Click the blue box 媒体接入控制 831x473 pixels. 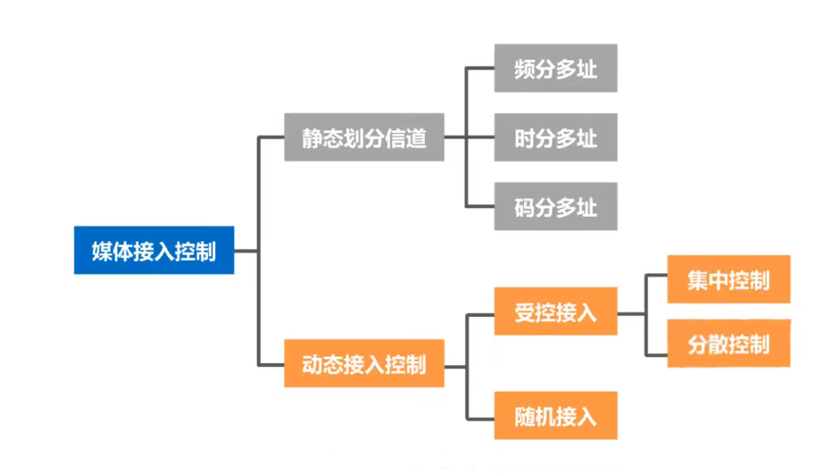click(x=154, y=250)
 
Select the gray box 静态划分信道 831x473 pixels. click(x=364, y=137)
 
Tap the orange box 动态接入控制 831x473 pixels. click(x=364, y=364)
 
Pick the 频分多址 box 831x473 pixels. click(x=555, y=69)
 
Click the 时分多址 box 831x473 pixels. click(x=555, y=137)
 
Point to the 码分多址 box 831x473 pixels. click(x=555, y=207)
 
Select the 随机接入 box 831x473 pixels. click(x=555, y=415)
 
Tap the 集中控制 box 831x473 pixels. click(x=728, y=280)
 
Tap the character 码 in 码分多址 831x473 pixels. click(x=525, y=208)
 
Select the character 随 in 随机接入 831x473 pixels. click(x=525, y=416)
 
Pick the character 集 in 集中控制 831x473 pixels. click(x=698, y=280)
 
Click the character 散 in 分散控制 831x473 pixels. click(x=719, y=344)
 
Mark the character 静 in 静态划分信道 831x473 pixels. click(x=312, y=138)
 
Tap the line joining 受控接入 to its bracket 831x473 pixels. click(x=631, y=313)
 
